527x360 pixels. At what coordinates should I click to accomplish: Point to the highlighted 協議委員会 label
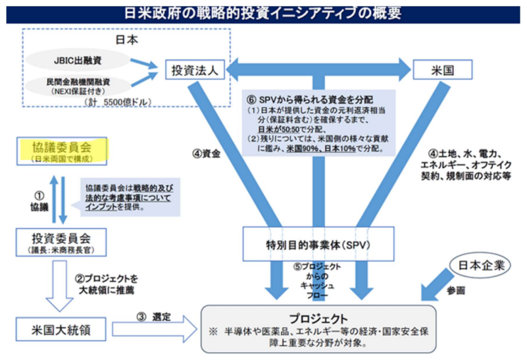click(62, 147)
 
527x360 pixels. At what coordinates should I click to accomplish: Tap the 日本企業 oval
click(481, 265)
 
